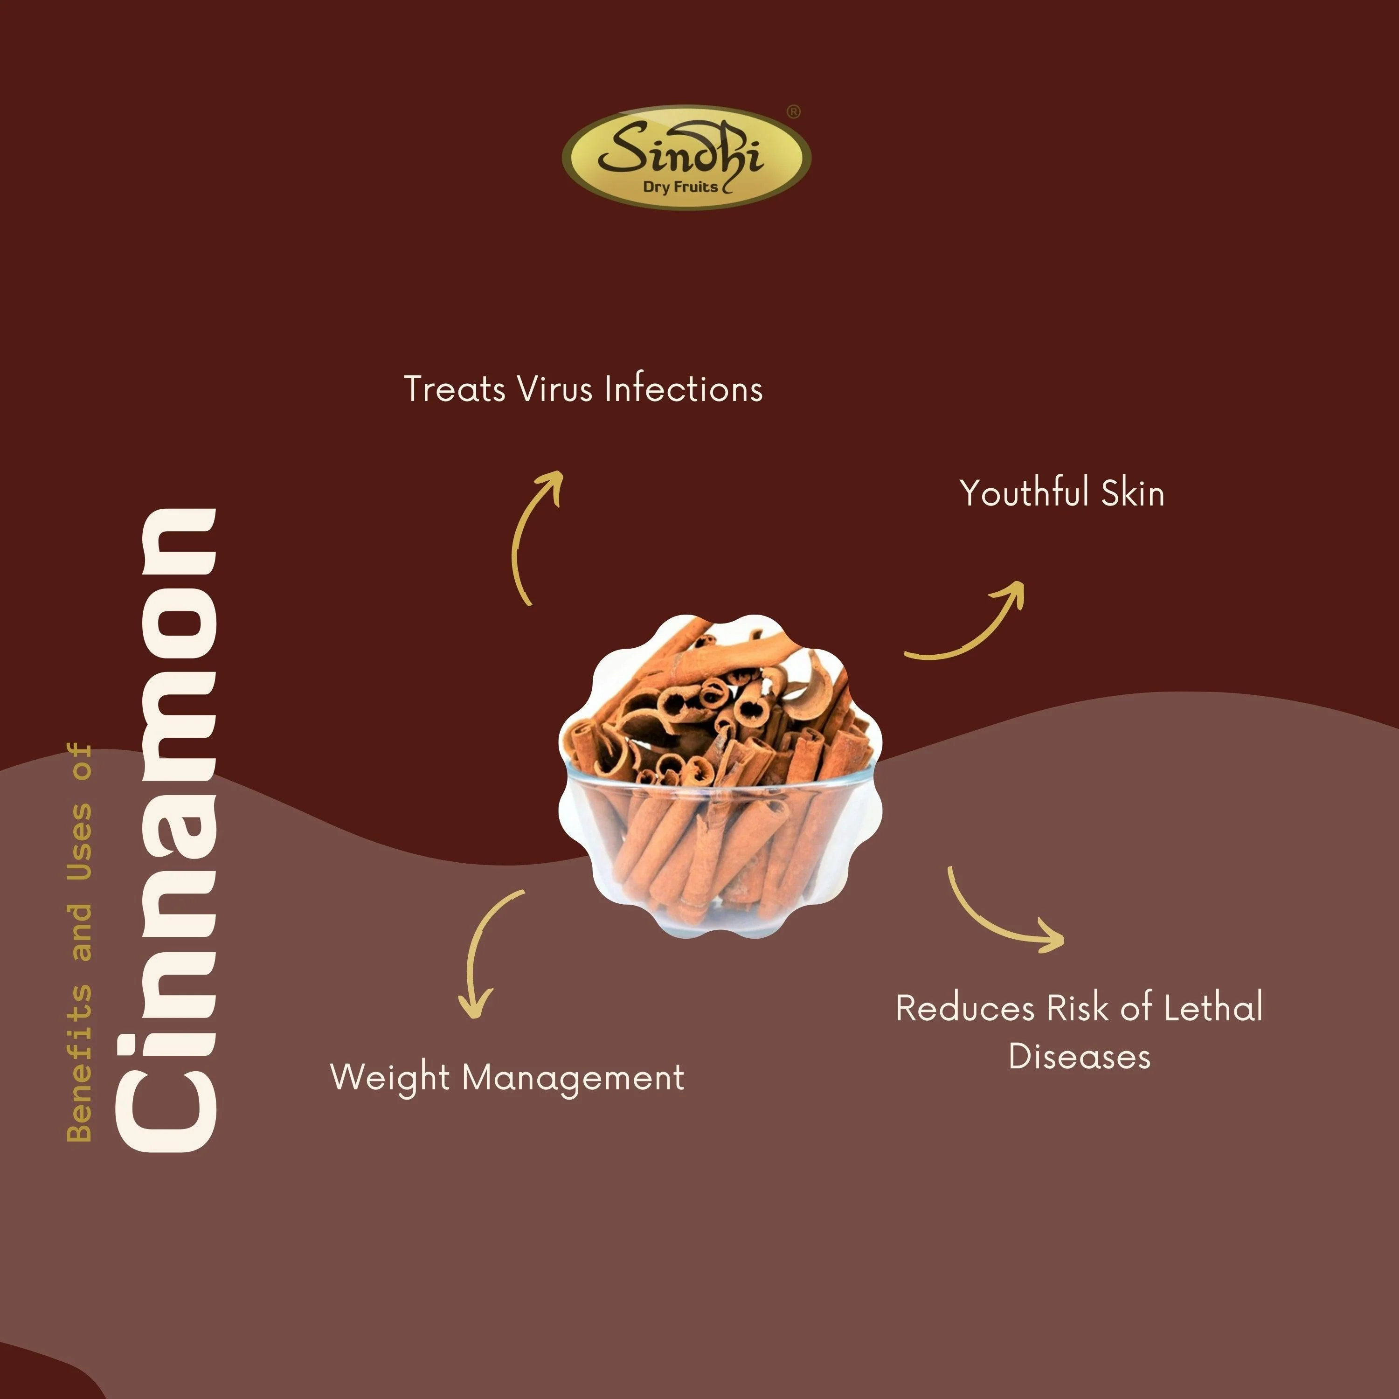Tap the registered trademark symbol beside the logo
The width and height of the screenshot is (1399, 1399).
pyautogui.click(x=794, y=111)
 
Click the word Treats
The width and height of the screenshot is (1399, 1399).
pyautogui.click(x=454, y=389)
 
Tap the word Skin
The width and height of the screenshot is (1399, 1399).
pyautogui.click(x=1133, y=493)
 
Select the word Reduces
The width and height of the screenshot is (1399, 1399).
pyautogui.click(x=965, y=1008)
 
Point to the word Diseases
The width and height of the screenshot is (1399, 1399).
pyautogui.click(x=1079, y=1057)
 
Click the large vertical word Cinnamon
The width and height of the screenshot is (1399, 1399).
pyautogui.click(x=166, y=830)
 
